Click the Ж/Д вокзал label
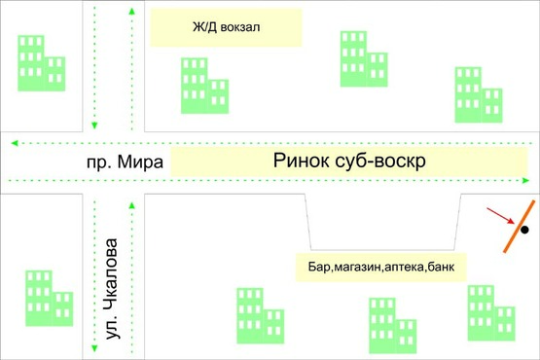click(226, 28)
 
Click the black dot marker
click(523, 231)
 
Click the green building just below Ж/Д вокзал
click(203, 86)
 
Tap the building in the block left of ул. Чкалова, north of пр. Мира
click(41, 63)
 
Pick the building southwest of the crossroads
click(49, 298)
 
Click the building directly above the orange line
click(479, 94)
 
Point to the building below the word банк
click(489, 311)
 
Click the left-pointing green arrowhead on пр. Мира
click(13, 143)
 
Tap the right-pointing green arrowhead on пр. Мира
click(526, 180)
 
